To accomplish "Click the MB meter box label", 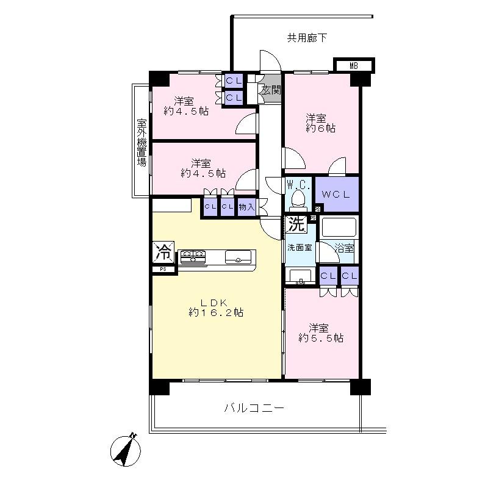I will (354, 65).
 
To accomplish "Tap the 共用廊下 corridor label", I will (307, 38).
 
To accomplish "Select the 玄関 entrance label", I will (271, 90).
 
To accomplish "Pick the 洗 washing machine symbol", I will (296, 224).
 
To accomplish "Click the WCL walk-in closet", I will (336, 194).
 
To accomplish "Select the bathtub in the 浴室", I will (339, 227).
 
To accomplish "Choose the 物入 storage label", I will (246, 207).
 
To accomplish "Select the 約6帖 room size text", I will (320, 129).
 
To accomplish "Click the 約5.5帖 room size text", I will (320, 337).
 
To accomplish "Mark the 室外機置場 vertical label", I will (142, 143).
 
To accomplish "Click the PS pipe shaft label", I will (163, 269).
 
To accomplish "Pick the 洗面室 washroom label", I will (300, 248).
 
